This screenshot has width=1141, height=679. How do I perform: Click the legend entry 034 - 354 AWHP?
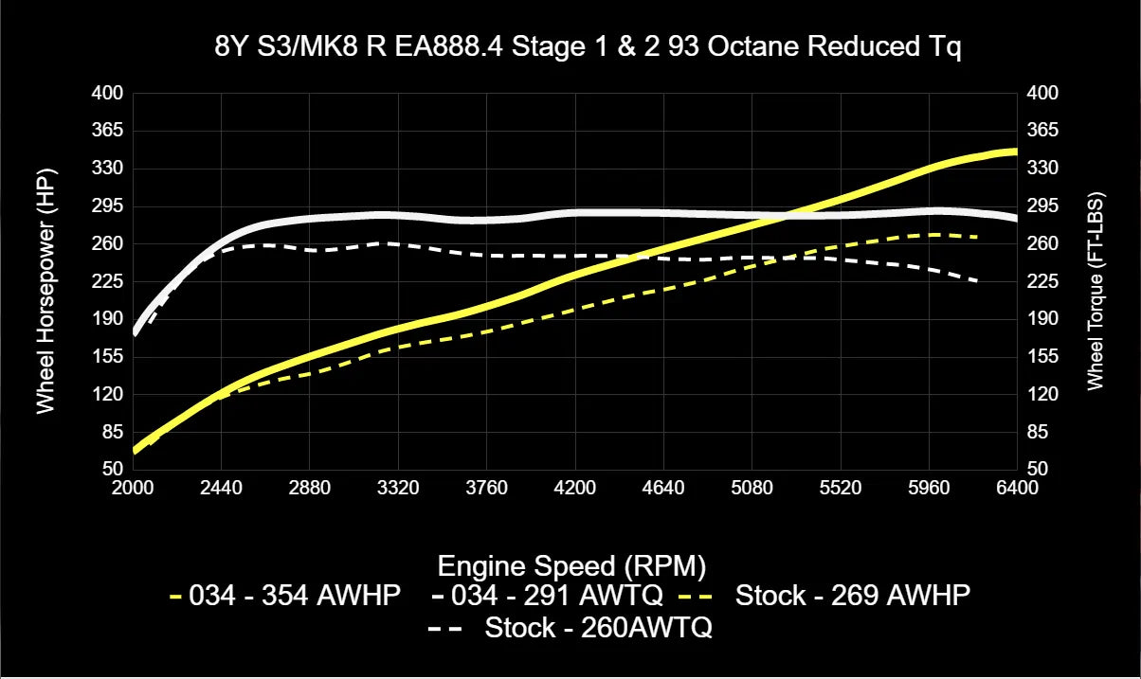point(285,596)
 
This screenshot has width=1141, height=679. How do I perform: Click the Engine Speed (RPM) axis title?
point(571,565)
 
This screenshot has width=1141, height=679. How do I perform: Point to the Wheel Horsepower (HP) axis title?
point(45,291)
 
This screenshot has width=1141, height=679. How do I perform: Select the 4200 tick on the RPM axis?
point(575,489)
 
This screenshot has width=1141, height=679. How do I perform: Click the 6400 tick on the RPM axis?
point(1017,489)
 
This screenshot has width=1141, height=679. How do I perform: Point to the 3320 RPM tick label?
point(398,489)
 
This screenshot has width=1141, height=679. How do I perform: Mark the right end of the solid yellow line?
point(1016,152)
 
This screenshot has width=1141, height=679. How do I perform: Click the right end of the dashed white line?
point(976,281)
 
